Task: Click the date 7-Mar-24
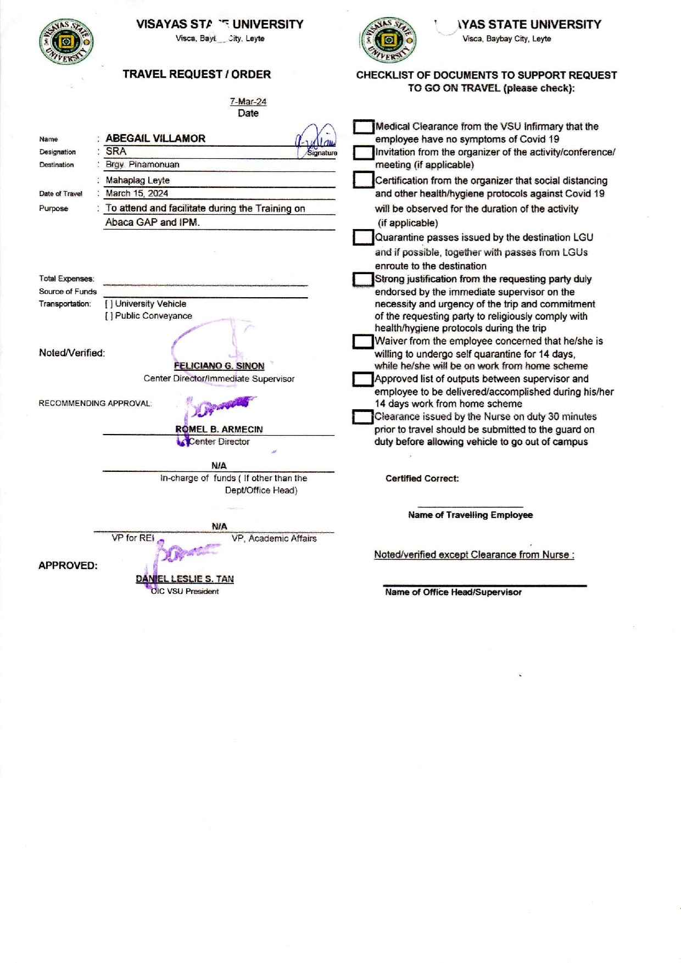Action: coord(248,102)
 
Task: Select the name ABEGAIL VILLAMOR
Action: coord(155,138)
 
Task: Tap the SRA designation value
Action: coord(116,152)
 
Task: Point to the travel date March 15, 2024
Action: coord(137,193)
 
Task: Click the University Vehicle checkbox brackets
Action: coord(109,304)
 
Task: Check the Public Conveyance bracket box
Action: coord(109,316)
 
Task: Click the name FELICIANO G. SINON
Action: coord(219,366)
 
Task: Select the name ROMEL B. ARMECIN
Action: coord(219,429)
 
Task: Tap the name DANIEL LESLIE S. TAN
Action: coord(185,579)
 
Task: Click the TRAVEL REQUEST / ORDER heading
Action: coord(197,74)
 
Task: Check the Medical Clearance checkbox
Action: coord(363,127)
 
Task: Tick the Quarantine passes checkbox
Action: coord(363,237)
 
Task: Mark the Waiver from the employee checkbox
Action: coord(363,342)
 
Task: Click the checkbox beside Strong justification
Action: coord(363,280)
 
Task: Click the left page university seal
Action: coord(66,42)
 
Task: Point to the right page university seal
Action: coord(388,40)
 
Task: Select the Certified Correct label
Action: coord(422,478)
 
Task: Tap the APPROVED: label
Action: coord(68,566)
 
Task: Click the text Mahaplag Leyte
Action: coord(137,180)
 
